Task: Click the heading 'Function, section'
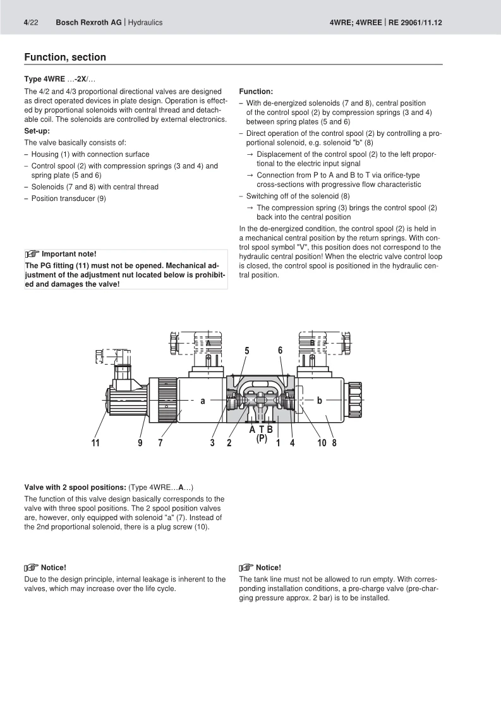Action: pos(65,58)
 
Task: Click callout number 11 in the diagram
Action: pos(95,443)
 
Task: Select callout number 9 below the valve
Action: pos(140,443)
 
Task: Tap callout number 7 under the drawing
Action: pos(160,443)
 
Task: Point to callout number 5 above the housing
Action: pos(247,351)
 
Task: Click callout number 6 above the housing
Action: pos(280,351)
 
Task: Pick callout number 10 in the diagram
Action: pos(321,443)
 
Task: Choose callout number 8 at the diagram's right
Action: pos(334,443)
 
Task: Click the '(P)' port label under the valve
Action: pos(262,438)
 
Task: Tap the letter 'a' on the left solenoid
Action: pos(203,401)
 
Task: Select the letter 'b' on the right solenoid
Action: pos(320,401)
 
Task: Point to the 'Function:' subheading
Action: pos(256,92)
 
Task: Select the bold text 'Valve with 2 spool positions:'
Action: pos(75,487)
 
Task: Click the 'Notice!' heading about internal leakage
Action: pos(53,567)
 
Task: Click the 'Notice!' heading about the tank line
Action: pos(269,567)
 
